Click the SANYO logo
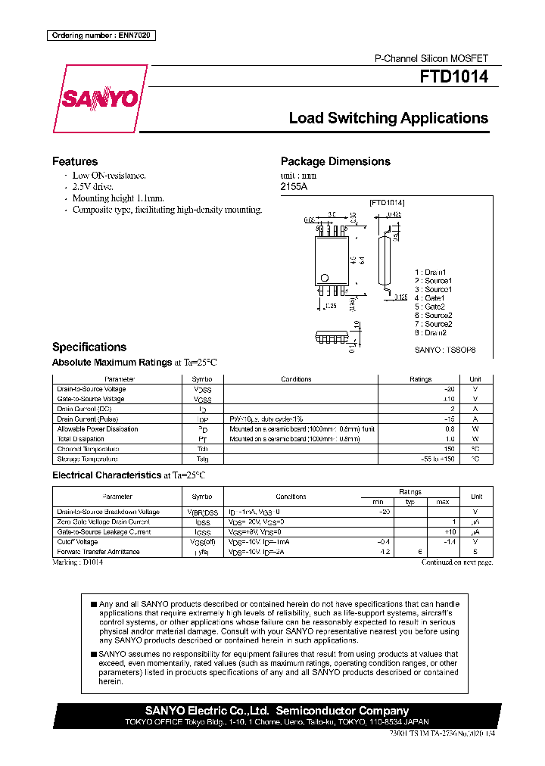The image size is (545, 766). click(x=99, y=99)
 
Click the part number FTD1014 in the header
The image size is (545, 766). click(x=454, y=76)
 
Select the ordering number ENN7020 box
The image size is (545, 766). click(x=101, y=36)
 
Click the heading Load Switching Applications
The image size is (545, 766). click(x=388, y=118)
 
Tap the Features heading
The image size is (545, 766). click(x=74, y=161)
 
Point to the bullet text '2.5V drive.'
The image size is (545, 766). click(x=92, y=186)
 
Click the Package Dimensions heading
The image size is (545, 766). click(x=335, y=161)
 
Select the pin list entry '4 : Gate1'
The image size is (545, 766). click(x=429, y=297)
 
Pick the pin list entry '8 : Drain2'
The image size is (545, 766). click(x=431, y=332)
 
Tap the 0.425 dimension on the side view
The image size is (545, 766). click(x=393, y=214)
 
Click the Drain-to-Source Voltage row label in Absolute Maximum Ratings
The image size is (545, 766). click(x=92, y=389)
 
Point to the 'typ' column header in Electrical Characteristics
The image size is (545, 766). click(x=410, y=502)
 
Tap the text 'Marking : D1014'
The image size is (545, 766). click(x=78, y=562)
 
